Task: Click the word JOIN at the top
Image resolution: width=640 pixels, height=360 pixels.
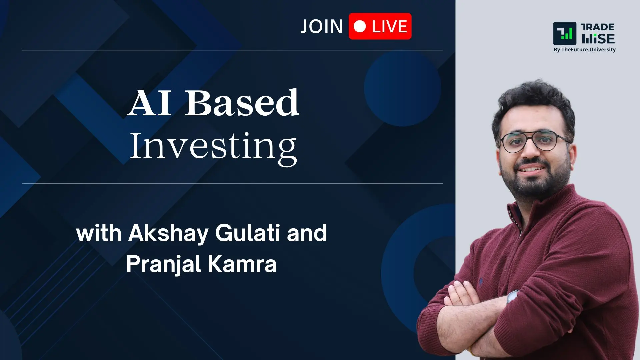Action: click(x=321, y=27)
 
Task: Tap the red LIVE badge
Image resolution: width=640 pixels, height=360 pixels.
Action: click(x=380, y=26)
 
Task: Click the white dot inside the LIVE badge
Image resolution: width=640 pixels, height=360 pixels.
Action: click(x=360, y=26)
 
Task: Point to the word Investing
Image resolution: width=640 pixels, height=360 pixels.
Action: click(x=213, y=147)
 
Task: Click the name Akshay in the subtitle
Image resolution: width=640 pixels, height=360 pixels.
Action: click(x=168, y=233)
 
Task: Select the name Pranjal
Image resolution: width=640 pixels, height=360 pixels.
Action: click(x=163, y=265)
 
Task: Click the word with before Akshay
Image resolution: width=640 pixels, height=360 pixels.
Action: click(x=99, y=233)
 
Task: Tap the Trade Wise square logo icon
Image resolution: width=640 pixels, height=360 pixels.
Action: click(x=564, y=33)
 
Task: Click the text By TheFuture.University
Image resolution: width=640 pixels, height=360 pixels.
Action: click(x=584, y=50)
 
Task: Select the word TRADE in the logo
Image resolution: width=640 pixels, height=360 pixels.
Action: click(x=597, y=27)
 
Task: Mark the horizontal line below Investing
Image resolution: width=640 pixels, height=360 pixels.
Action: click(x=232, y=183)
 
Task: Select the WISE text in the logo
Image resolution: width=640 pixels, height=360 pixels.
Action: click(x=598, y=39)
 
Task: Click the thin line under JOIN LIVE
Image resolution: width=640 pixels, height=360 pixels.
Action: click(x=232, y=50)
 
